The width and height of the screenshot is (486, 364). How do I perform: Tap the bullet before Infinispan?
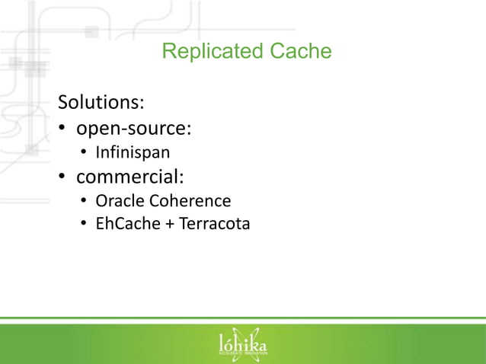(85, 154)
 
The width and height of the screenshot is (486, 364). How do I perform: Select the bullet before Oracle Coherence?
(85, 202)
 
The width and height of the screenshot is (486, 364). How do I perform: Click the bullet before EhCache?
(85, 225)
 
